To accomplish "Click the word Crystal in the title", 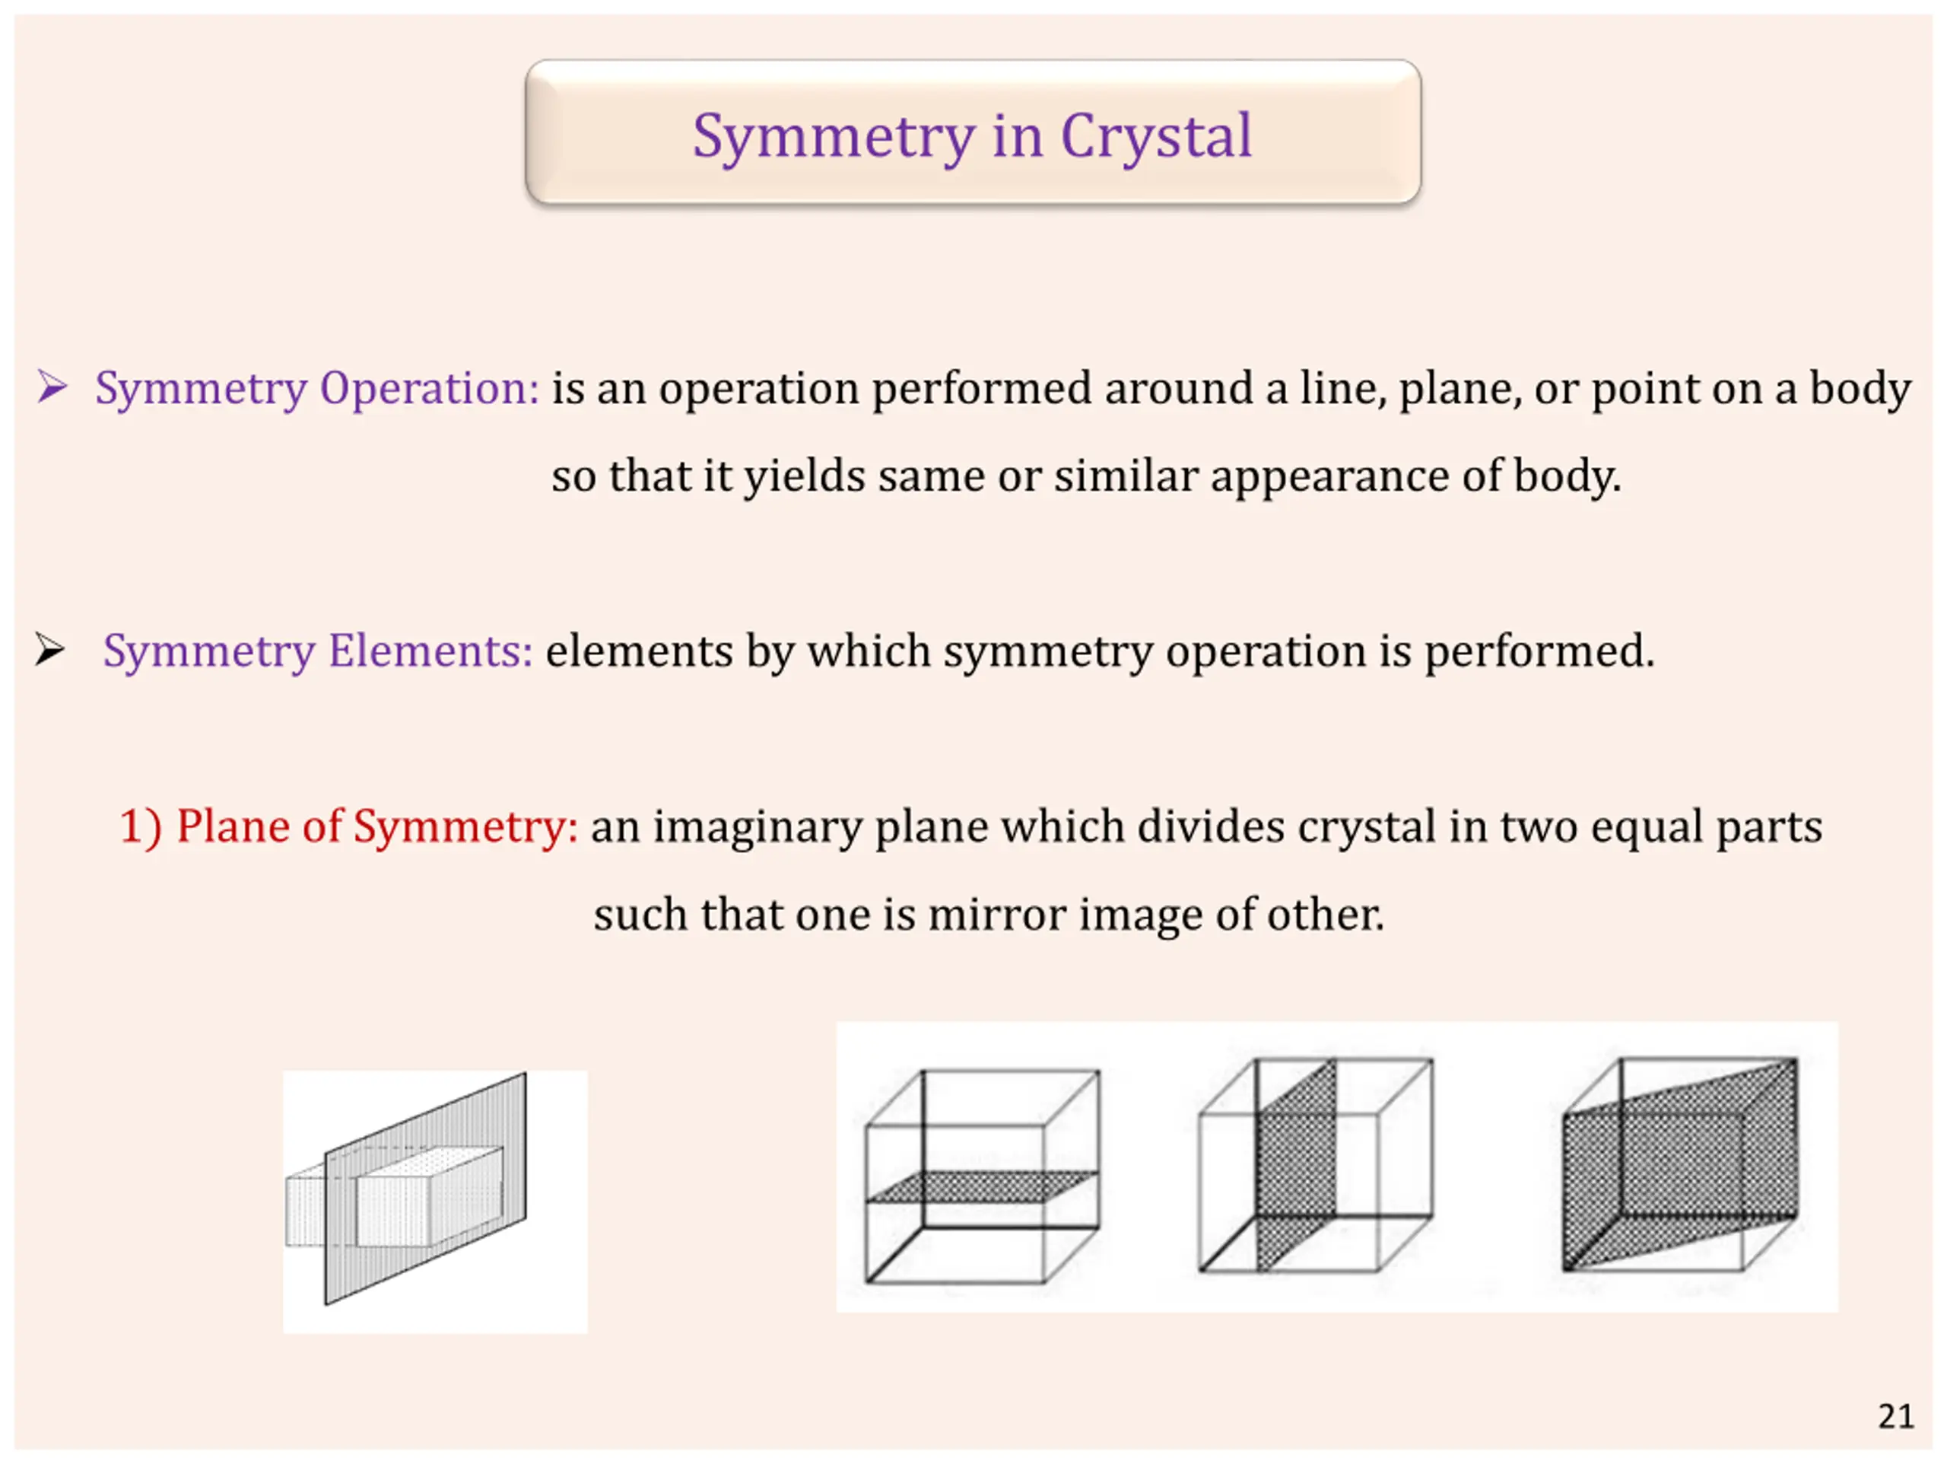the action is point(1156,136).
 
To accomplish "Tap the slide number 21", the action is point(1895,1417).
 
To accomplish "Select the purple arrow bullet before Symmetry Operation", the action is point(52,387).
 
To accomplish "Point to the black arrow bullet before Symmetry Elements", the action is point(49,650).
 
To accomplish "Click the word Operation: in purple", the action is point(429,388).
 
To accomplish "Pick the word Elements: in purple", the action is point(430,651).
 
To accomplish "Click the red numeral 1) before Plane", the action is point(141,827).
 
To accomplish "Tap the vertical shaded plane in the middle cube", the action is point(1297,1164).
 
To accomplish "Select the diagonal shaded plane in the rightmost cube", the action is point(1679,1164).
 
